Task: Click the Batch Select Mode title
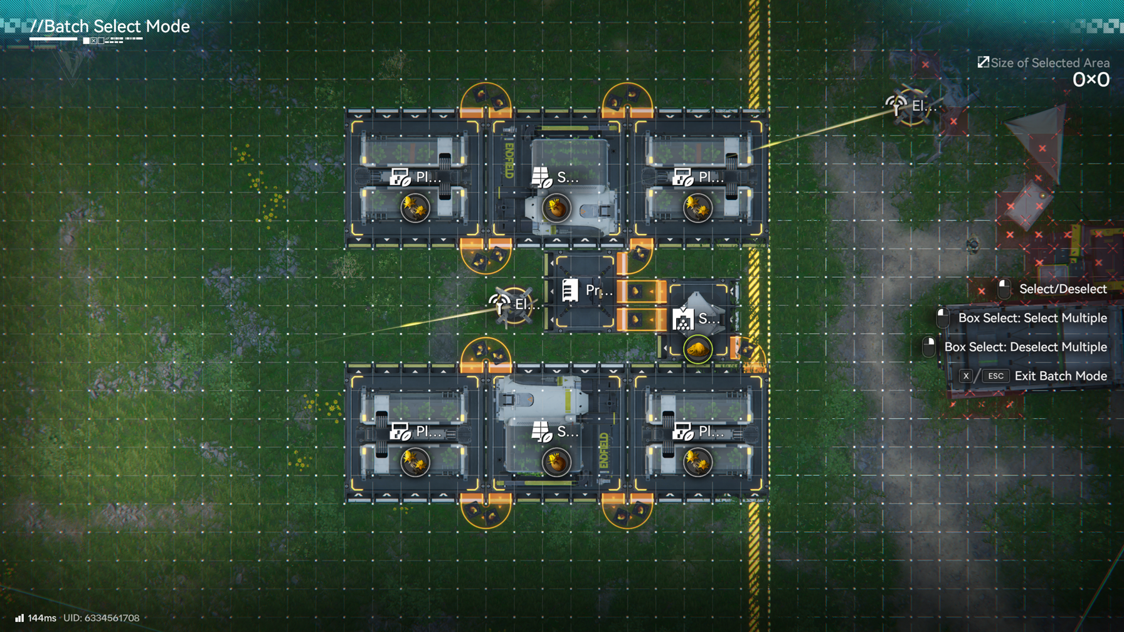point(110,26)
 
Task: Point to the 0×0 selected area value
point(1091,80)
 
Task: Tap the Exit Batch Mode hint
point(1060,376)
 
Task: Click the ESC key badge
point(995,376)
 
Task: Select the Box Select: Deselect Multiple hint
point(1025,347)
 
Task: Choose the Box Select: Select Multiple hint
point(1032,318)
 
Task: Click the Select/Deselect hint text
point(1063,289)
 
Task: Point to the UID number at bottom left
point(102,618)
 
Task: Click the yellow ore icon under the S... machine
point(697,349)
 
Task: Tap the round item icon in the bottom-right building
point(697,462)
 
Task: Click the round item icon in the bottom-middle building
point(556,462)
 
